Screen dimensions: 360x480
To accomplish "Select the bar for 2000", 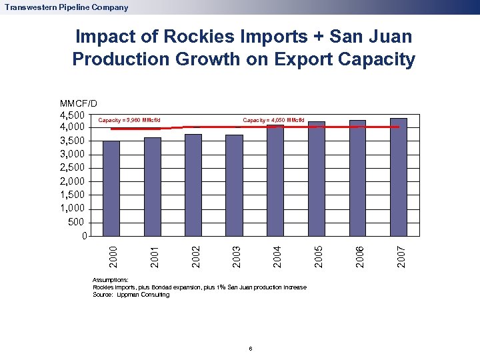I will pos(111,188).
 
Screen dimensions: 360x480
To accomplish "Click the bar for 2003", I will pos(234,185).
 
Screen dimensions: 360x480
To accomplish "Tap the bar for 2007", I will pos(398,177).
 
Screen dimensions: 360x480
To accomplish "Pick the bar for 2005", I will pos(316,179).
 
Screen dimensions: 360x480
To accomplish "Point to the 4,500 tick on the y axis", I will pos(73,114).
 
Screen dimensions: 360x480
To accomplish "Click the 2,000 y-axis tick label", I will pos(73,181).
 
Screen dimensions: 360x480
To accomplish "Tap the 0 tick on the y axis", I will pos(83,236).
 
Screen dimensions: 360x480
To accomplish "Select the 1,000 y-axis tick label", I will pos(73,209).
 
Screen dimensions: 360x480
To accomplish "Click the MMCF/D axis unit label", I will pos(78,103).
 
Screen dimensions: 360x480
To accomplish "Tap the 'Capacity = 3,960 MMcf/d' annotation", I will pos(129,121).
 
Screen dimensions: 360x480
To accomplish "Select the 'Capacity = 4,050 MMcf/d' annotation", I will pos(273,121).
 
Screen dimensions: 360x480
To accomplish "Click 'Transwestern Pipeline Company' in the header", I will pos(65,7).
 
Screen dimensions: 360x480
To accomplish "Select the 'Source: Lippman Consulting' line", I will pos(131,294).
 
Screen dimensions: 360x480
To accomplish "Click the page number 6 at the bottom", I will pos(249,349).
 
